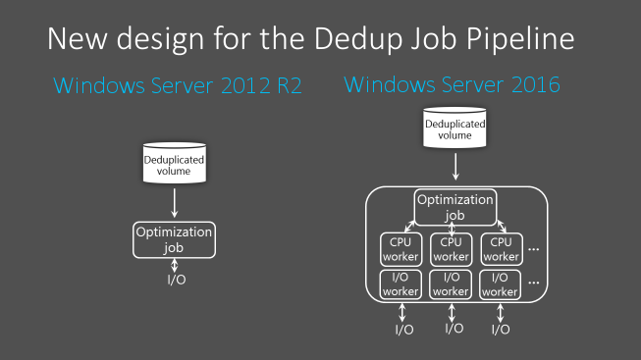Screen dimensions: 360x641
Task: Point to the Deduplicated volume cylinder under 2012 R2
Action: pyautogui.click(x=174, y=163)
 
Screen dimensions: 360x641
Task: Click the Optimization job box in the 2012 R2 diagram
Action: pyautogui.click(x=174, y=239)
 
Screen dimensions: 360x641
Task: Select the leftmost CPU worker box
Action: pyautogui.click(x=401, y=249)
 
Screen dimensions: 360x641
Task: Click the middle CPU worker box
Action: pyautogui.click(x=452, y=249)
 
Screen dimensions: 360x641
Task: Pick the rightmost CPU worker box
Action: pyautogui.click(x=501, y=249)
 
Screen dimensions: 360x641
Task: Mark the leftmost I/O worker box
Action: pyautogui.click(x=401, y=284)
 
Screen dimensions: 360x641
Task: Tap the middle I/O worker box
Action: pyautogui.click(x=452, y=284)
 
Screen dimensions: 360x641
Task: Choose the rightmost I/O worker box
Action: pyautogui.click(x=501, y=284)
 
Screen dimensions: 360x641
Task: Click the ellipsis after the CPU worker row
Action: pyautogui.click(x=534, y=249)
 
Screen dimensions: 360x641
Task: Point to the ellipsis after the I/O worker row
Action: pyautogui.click(x=534, y=284)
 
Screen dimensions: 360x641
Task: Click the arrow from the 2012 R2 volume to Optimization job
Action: pyautogui.click(x=174, y=203)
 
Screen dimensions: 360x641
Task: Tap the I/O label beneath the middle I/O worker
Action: pyautogui.click(x=454, y=329)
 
